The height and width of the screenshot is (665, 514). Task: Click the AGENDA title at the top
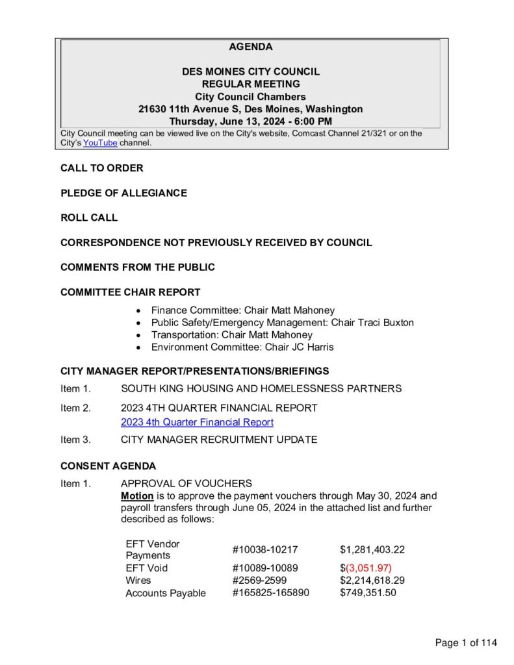[x=251, y=47]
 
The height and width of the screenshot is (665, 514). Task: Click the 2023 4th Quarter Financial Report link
[x=197, y=422]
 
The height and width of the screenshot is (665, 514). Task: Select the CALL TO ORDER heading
[x=102, y=168]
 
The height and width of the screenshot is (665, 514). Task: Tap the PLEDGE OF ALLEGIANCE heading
[x=123, y=193]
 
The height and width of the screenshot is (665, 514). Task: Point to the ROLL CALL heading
[x=89, y=218]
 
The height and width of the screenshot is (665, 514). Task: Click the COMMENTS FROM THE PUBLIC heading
[x=137, y=267]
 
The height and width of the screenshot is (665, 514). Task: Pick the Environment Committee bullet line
[x=242, y=347]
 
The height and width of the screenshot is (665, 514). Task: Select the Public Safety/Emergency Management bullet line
[x=282, y=322]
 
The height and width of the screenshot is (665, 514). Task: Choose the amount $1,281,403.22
[x=372, y=549]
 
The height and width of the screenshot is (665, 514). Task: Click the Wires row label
[x=138, y=580]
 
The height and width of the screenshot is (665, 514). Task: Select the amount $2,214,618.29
[x=372, y=580]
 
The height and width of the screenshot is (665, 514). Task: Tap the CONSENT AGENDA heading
[x=108, y=466]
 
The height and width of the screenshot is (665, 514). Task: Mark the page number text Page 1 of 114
[x=466, y=643]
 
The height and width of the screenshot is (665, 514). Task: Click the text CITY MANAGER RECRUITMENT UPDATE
[x=219, y=440]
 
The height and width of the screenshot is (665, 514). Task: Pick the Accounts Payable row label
[x=165, y=593]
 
